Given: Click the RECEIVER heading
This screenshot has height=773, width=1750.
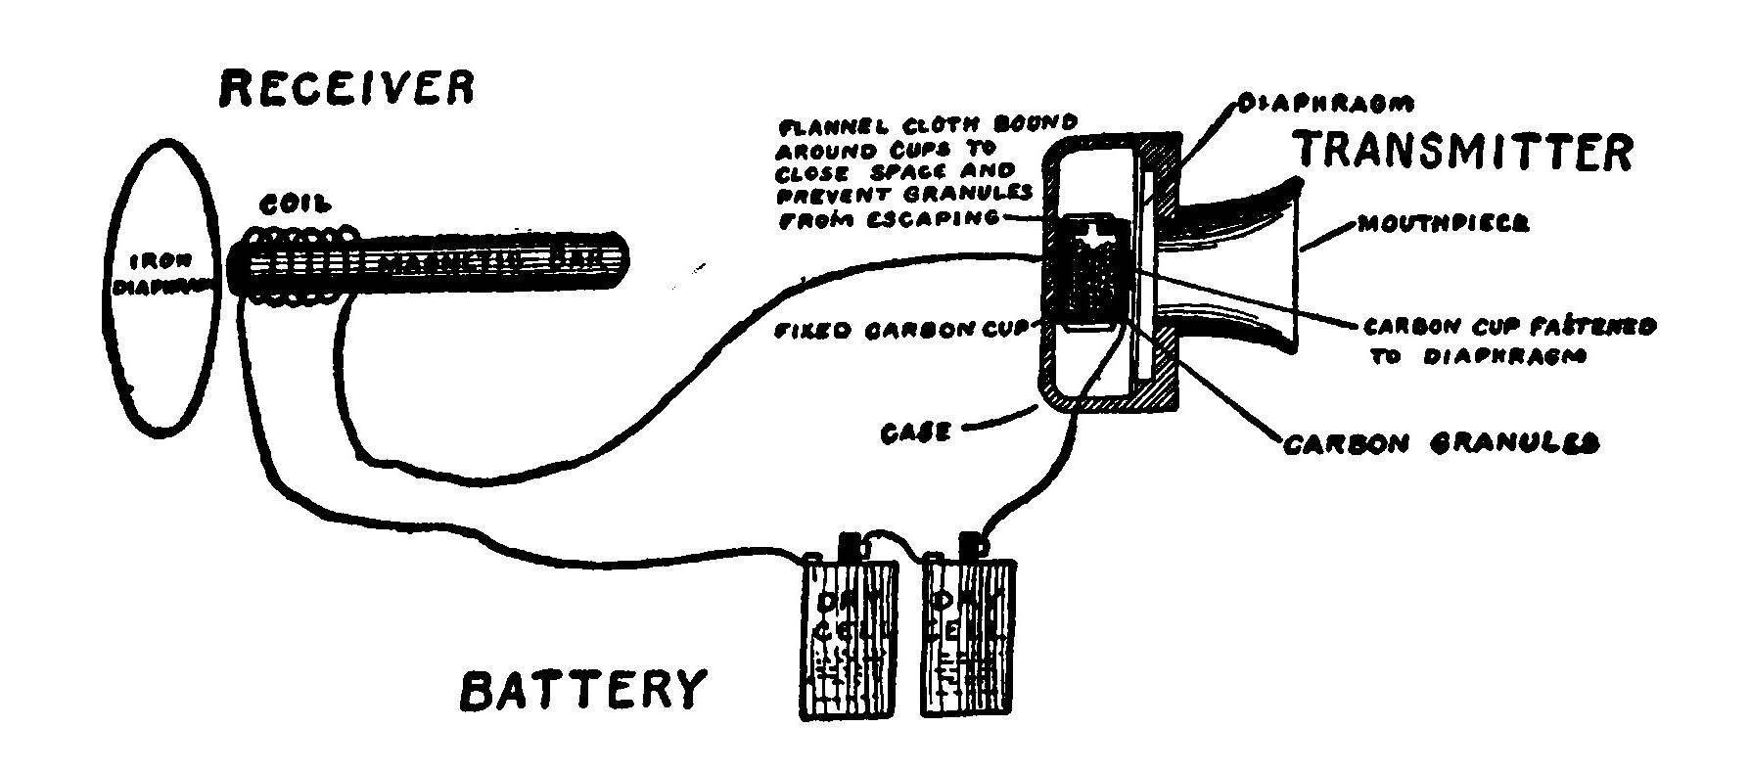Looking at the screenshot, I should (346, 87).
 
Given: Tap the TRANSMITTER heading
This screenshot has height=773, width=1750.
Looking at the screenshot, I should (1463, 152).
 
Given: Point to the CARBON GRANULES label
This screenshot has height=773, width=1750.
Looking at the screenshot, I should (1440, 443).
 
